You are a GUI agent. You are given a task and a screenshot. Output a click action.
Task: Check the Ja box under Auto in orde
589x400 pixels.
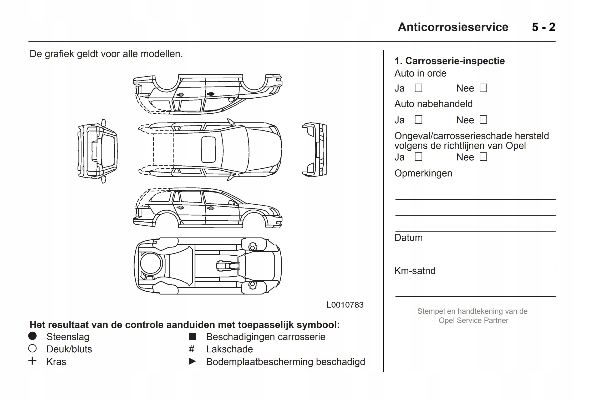(x=418, y=88)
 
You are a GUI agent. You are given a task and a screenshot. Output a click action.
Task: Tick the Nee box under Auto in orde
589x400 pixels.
(x=483, y=88)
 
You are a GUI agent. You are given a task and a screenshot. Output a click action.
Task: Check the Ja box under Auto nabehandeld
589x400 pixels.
(x=418, y=120)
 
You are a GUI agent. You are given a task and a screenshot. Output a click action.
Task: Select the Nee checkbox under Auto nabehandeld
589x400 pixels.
(x=483, y=120)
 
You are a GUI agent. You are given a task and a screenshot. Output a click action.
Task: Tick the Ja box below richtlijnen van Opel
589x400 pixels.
(x=418, y=157)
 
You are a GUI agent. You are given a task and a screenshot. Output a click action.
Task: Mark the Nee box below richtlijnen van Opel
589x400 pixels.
(x=483, y=157)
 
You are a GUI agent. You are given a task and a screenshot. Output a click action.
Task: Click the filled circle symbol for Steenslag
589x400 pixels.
(x=32, y=336)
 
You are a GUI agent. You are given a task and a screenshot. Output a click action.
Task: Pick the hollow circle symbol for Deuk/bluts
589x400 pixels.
(x=32, y=349)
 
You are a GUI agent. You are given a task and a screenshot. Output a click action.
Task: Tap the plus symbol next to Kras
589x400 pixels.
(x=32, y=361)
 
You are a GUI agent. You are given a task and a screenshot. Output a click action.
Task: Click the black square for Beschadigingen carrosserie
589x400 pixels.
(x=192, y=337)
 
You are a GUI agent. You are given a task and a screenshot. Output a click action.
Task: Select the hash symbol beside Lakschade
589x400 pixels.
(x=192, y=349)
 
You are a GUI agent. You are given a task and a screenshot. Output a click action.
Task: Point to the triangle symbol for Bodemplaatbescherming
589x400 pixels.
(x=192, y=362)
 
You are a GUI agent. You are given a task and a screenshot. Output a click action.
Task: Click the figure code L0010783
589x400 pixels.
(x=345, y=305)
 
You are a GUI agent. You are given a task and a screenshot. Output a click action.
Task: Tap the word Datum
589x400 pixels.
(x=408, y=238)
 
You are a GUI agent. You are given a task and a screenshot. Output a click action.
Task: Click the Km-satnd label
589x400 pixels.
(x=415, y=271)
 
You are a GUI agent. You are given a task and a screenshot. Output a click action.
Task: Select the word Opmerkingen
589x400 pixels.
(x=423, y=173)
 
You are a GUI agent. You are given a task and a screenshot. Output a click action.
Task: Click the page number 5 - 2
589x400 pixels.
(x=544, y=27)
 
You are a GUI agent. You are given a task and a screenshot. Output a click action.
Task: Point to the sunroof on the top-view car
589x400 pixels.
(x=208, y=150)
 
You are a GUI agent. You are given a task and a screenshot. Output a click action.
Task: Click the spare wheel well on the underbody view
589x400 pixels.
(x=151, y=263)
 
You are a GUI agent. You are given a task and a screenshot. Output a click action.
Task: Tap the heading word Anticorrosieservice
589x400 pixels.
(x=453, y=27)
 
